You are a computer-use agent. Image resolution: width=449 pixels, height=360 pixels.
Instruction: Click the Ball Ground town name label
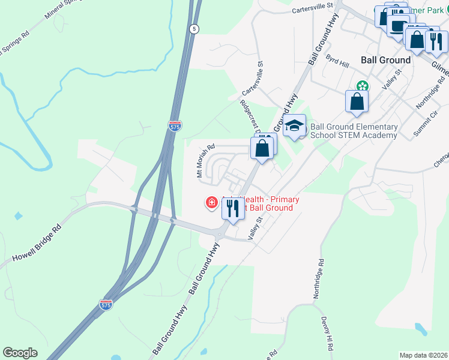tap(386, 60)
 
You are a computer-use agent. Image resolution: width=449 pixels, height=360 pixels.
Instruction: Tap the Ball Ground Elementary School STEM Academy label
tap(354, 131)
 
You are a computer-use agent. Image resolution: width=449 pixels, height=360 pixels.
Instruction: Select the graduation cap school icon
tap(294, 126)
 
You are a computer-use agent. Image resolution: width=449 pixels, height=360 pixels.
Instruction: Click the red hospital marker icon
tap(211, 203)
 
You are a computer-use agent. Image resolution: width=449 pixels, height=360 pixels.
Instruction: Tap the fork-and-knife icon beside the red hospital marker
tap(232, 208)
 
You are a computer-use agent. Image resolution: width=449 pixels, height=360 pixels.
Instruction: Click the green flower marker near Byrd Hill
tap(362, 85)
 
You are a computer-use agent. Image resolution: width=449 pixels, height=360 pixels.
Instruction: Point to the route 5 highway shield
tap(193, 29)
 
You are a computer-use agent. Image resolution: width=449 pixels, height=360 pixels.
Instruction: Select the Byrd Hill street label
tap(337, 62)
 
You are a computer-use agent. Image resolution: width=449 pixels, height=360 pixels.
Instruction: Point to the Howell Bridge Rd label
tap(35, 246)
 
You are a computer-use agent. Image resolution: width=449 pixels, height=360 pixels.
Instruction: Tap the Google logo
tap(20, 352)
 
